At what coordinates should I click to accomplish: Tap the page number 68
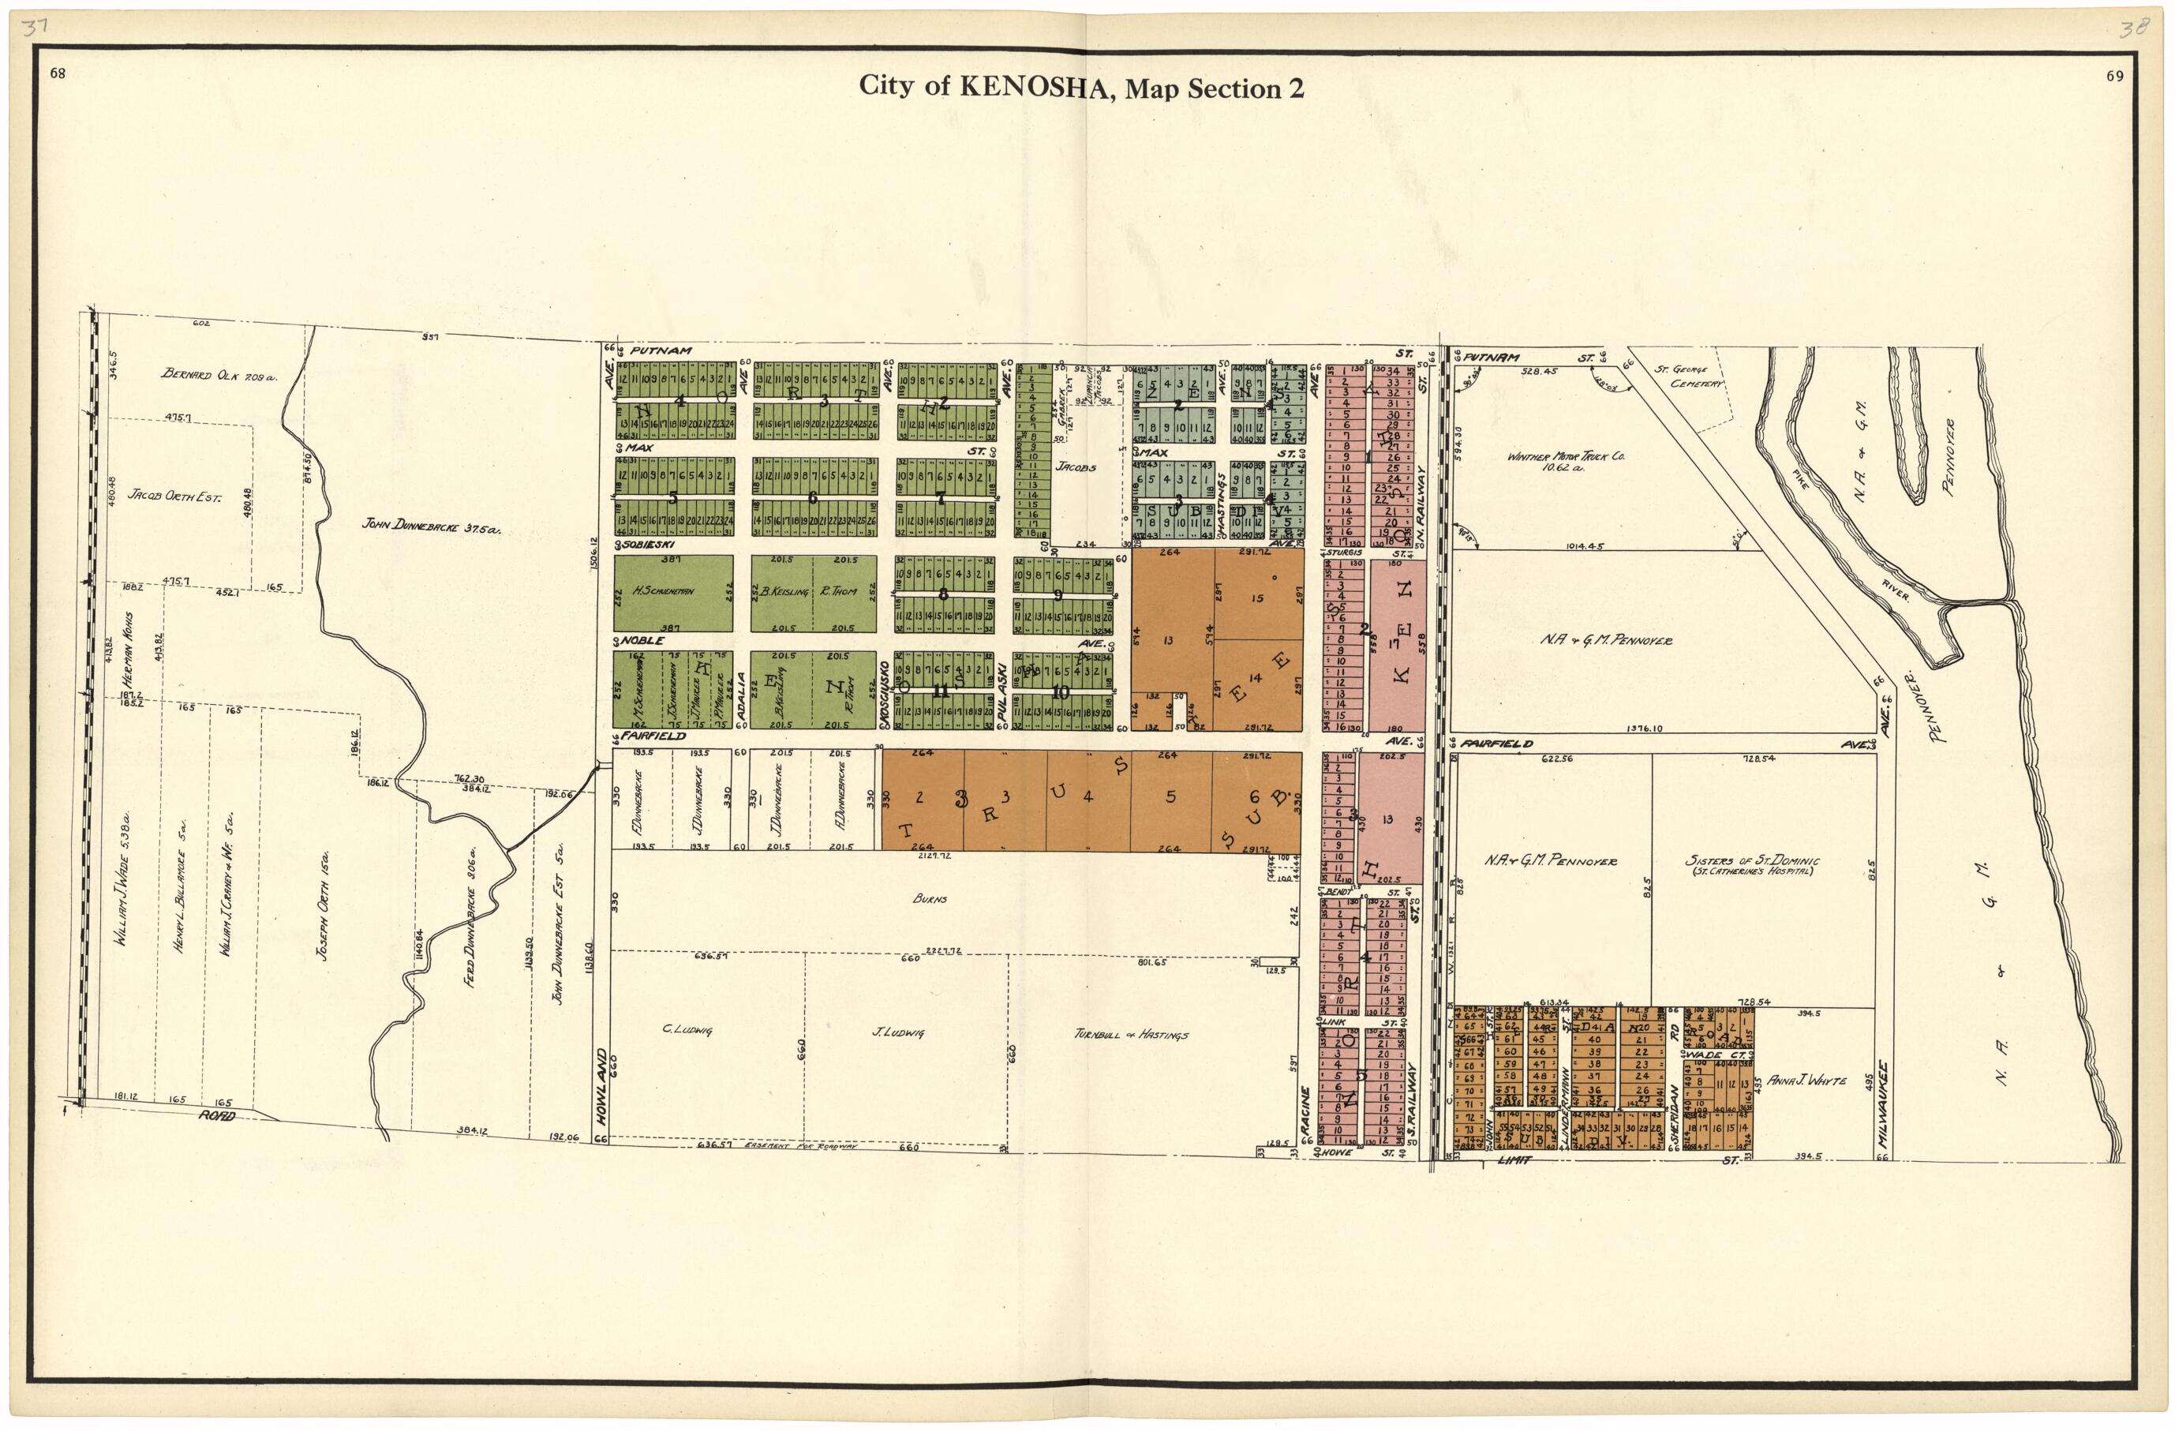click(58, 75)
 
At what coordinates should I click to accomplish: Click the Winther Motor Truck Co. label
click(1566, 459)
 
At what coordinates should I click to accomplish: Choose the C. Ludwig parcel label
click(687, 1030)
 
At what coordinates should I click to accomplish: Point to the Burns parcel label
click(930, 898)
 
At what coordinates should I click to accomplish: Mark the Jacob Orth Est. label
click(174, 496)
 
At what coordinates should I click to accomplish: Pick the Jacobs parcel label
click(1076, 467)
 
